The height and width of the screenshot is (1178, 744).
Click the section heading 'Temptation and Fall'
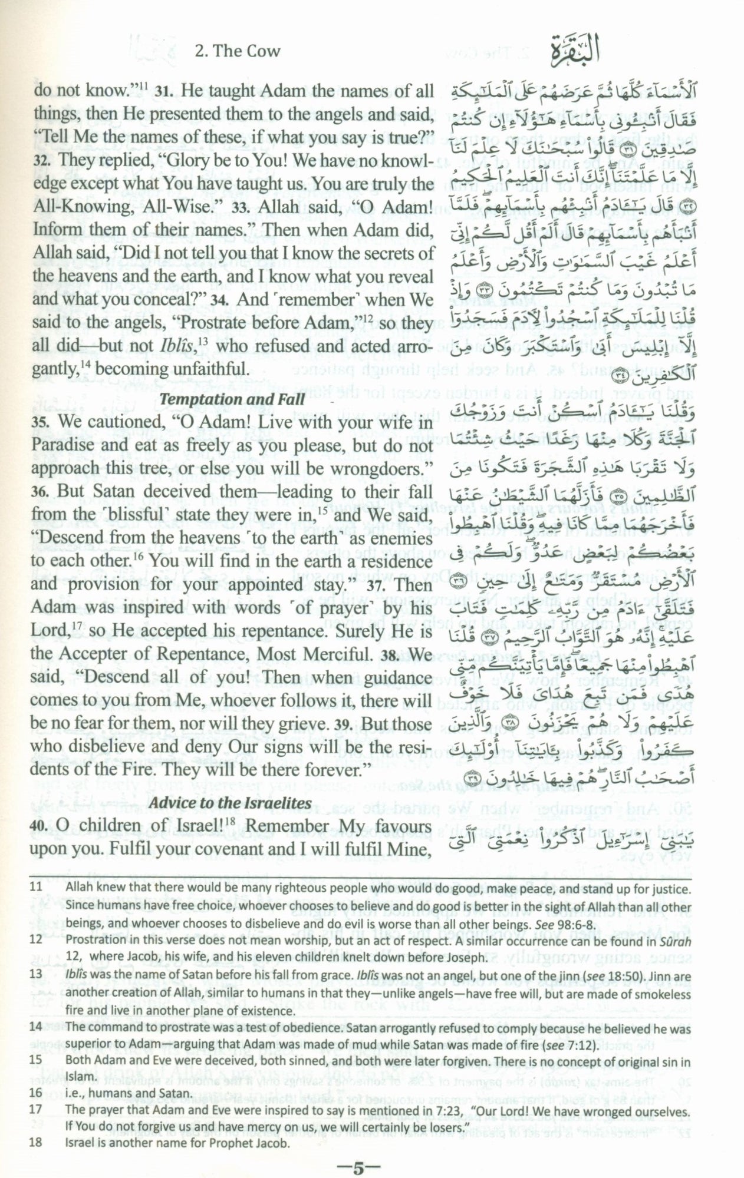click(x=232, y=399)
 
